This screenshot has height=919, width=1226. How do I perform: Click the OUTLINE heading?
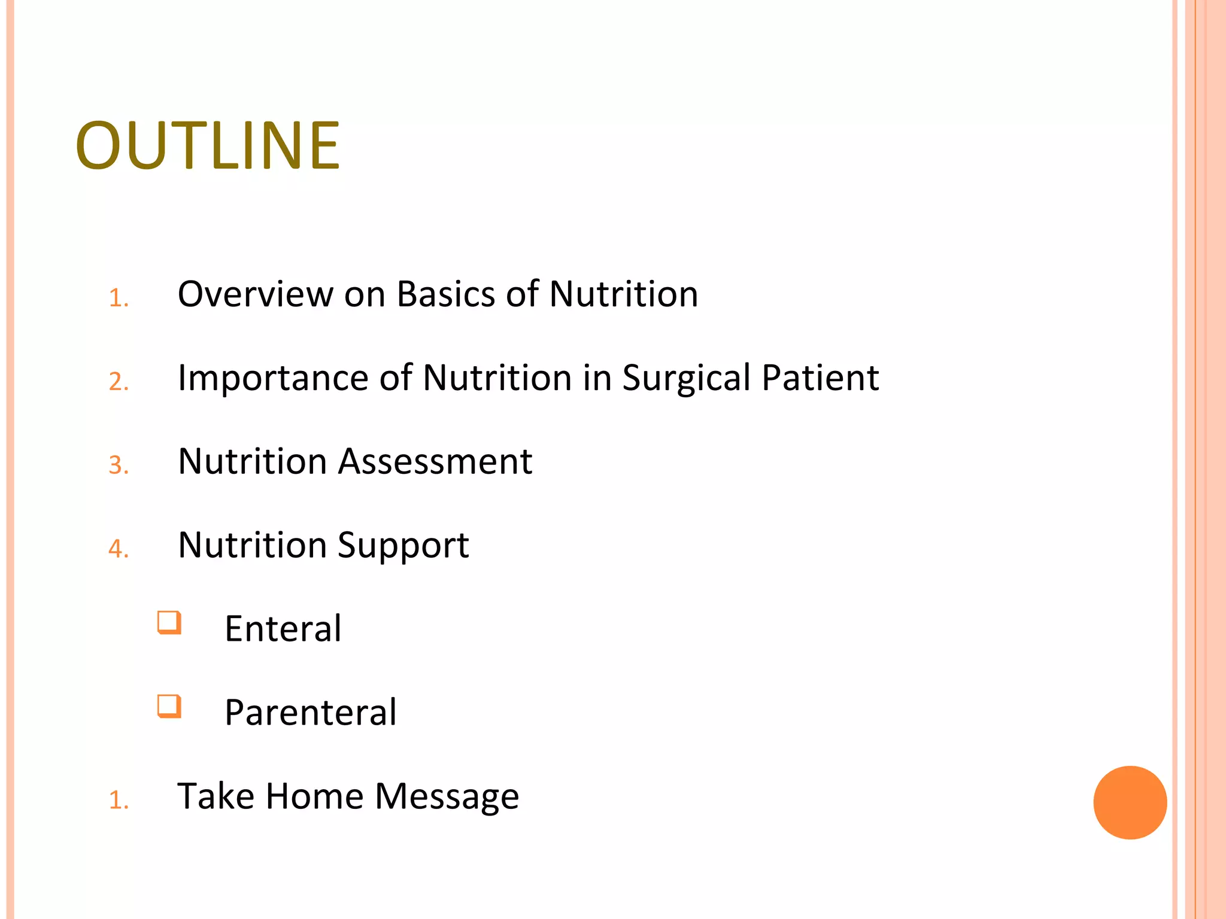[x=208, y=145]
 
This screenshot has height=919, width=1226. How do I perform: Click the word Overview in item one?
[x=256, y=294]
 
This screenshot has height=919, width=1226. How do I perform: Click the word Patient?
[x=820, y=378]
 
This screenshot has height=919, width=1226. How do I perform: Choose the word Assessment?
[x=435, y=461]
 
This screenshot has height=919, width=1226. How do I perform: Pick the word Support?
[x=403, y=546]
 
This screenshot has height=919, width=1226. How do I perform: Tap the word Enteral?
[x=283, y=629]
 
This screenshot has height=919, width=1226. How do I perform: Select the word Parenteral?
[x=311, y=713]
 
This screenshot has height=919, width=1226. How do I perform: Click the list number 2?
[x=118, y=382]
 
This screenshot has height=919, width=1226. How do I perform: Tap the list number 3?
[x=118, y=465]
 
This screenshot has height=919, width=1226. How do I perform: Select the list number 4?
[x=118, y=549]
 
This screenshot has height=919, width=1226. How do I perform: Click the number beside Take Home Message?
[x=118, y=801]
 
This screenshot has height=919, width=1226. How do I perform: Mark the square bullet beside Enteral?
[x=169, y=622]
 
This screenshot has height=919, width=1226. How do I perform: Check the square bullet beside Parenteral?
[x=169, y=706]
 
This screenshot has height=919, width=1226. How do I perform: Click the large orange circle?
[x=1130, y=802]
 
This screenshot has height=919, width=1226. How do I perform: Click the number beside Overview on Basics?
[x=118, y=298]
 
